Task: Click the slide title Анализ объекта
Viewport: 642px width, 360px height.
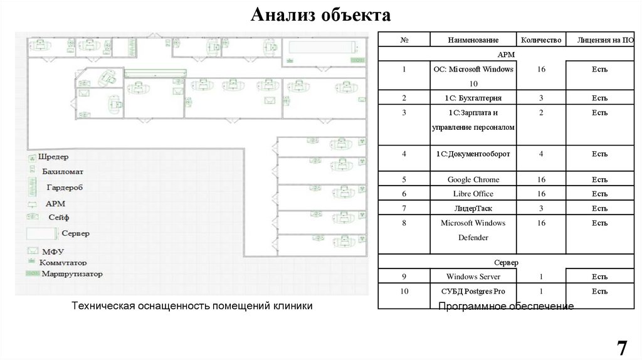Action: [320, 14]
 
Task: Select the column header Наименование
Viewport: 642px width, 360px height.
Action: [473, 40]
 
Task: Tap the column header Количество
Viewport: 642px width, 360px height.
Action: [540, 40]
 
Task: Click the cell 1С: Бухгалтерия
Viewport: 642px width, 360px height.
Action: [473, 98]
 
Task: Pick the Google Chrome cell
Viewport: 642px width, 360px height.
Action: [473, 180]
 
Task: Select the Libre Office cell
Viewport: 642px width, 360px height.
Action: [473, 194]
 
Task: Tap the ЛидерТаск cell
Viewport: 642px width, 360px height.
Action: [473, 208]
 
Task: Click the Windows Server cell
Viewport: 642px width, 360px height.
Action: [473, 277]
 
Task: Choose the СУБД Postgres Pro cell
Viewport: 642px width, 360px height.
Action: [473, 292]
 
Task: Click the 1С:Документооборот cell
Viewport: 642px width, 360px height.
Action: [473, 154]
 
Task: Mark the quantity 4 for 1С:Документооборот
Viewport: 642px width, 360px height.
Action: [540, 154]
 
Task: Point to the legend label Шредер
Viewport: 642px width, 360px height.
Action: [53, 157]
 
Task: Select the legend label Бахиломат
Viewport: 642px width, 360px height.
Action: [63, 171]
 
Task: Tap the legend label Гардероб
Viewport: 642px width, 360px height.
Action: [65, 188]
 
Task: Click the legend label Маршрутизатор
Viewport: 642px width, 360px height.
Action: [71, 274]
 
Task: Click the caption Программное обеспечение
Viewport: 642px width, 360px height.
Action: [505, 306]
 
